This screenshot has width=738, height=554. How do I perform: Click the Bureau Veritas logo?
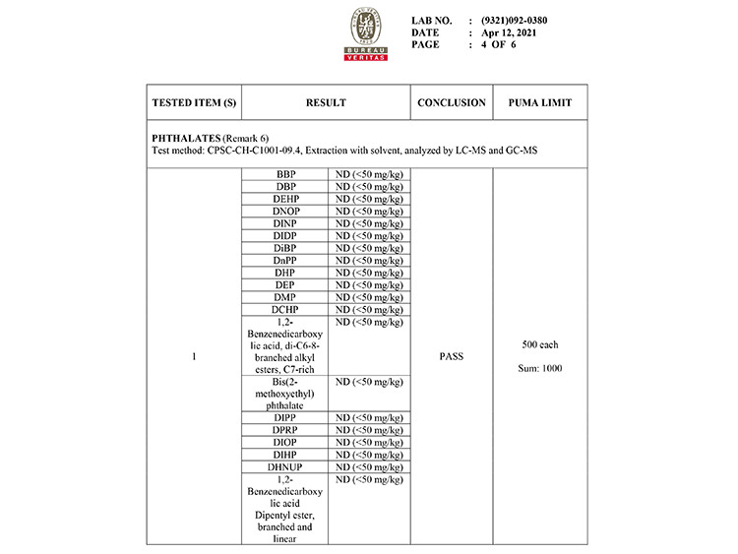click(x=365, y=35)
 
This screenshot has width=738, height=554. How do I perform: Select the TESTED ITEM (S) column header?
click(x=195, y=102)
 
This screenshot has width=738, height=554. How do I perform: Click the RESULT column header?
click(x=326, y=102)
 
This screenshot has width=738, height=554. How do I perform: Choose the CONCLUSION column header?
click(x=452, y=102)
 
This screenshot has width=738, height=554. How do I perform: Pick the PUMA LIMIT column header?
click(x=540, y=102)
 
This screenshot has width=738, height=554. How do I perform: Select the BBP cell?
click(x=286, y=174)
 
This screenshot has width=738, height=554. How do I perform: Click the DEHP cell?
click(x=286, y=199)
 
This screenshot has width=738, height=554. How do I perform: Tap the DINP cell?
click(x=286, y=223)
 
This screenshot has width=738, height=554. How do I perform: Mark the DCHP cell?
click(x=286, y=310)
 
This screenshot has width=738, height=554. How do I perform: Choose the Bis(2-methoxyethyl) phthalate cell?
click(x=286, y=393)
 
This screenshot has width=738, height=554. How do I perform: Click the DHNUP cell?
click(x=286, y=467)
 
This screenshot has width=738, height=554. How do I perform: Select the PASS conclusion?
click(x=452, y=356)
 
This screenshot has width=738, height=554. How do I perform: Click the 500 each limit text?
click(x=540, y=344)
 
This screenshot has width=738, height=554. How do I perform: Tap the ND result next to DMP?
click(x=369, y=297)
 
